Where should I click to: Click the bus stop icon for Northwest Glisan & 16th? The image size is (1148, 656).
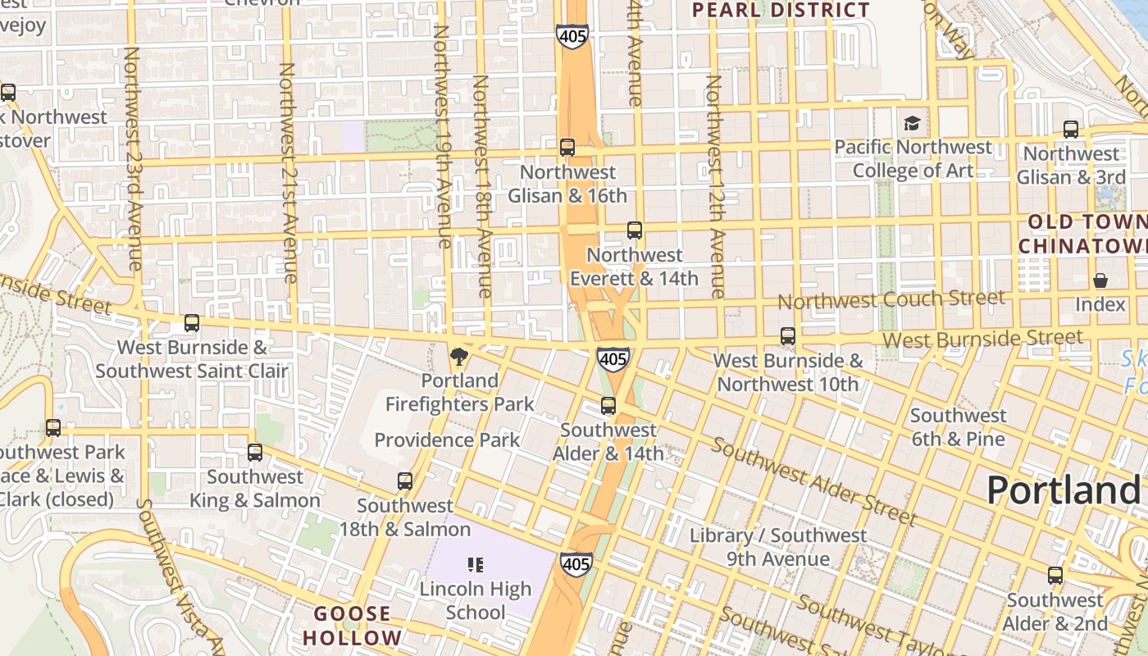(567, 148)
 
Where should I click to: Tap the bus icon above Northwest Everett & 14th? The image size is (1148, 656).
(634, 230)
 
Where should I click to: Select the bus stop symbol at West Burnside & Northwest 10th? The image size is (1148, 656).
(787, 336)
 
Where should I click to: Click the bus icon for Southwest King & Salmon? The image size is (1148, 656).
(255, 453)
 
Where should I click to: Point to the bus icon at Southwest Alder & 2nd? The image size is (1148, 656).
(1055, 576)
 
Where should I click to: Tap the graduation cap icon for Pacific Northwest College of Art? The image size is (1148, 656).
(911, 124)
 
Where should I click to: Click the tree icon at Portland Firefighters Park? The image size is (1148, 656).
(459, 356)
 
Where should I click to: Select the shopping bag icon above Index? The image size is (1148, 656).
(1100, 280)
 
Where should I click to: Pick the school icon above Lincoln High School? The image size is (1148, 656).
(475, 564)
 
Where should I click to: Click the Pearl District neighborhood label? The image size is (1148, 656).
(780, 11)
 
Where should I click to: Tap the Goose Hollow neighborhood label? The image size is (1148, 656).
(353, 626)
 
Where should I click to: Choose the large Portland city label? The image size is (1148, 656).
(1063, 490)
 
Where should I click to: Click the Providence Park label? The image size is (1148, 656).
(447, 440)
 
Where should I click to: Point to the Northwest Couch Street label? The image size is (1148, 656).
(891, 299)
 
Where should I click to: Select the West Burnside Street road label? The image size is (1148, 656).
(982, 338)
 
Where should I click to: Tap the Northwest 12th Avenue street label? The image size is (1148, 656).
(715, 186)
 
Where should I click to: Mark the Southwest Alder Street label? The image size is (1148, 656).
(812, 481)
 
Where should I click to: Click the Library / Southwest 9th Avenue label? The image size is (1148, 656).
(777, 547)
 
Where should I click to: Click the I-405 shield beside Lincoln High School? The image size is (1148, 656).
(576, 564)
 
